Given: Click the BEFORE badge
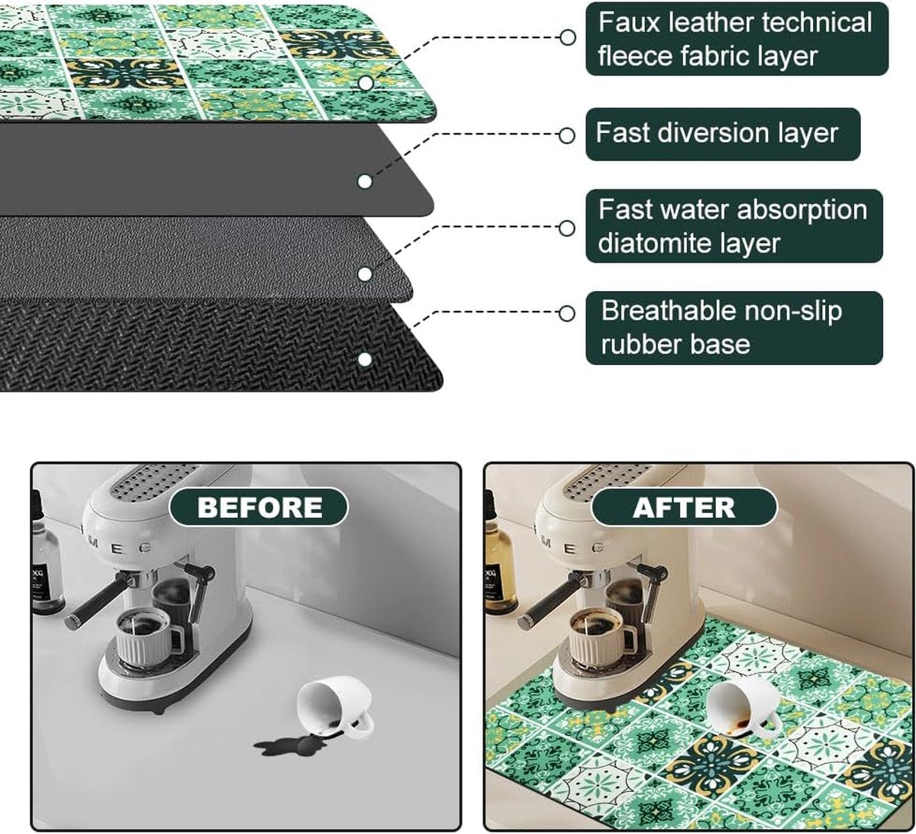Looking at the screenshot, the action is (x=259, y=507).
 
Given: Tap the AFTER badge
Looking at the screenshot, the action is (x=684, y=507).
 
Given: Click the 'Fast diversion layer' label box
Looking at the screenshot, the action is (x=722, y=134).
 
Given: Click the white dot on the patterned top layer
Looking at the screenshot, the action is (x=366, y=82).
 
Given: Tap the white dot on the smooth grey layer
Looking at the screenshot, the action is (x=364, y=182).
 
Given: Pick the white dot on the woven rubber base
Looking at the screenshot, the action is (x=364, y=359).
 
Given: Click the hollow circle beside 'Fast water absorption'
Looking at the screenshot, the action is (x=566, y=228).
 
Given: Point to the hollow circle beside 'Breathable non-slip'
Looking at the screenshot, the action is (x=566, y=313).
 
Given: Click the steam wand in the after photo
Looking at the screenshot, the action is (x=652, y=590).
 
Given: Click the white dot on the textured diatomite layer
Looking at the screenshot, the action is (x=364, y=274).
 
